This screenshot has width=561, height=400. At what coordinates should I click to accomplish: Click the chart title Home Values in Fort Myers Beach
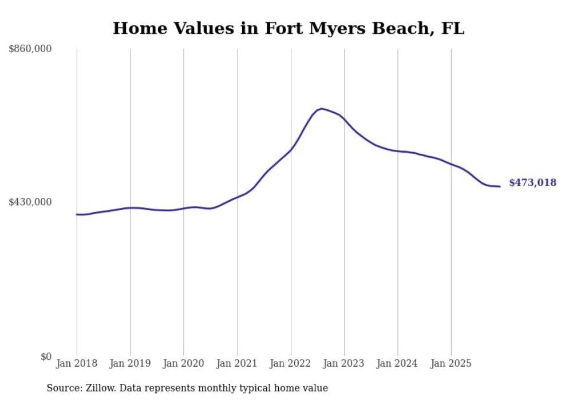point(288,28)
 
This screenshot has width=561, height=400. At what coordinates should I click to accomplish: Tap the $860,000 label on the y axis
point(30,49)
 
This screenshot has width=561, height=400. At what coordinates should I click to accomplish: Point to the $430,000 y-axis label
point(30,202)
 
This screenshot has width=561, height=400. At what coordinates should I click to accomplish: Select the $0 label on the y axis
point(46,357)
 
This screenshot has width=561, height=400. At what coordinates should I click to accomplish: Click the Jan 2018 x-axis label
point(77,363)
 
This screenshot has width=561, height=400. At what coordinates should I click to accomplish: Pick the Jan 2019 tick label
point(130,363)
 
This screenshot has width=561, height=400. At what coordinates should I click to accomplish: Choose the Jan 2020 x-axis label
point(184,363)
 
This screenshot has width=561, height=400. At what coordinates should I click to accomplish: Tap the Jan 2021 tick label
point(238,363)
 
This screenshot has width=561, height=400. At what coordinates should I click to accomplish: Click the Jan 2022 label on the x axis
point(291,363)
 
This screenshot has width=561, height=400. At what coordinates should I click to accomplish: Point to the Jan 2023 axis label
point(345,363)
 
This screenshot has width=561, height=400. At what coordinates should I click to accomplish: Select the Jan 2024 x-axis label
point(398,363)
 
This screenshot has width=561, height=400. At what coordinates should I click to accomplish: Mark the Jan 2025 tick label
point(452,363)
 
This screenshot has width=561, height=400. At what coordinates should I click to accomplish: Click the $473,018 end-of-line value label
point(532,183)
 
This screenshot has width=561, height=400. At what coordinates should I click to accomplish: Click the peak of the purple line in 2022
point(321,108)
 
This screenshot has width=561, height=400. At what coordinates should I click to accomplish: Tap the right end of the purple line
point(500,187)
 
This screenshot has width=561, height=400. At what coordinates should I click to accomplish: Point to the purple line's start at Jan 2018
point(77,215)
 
